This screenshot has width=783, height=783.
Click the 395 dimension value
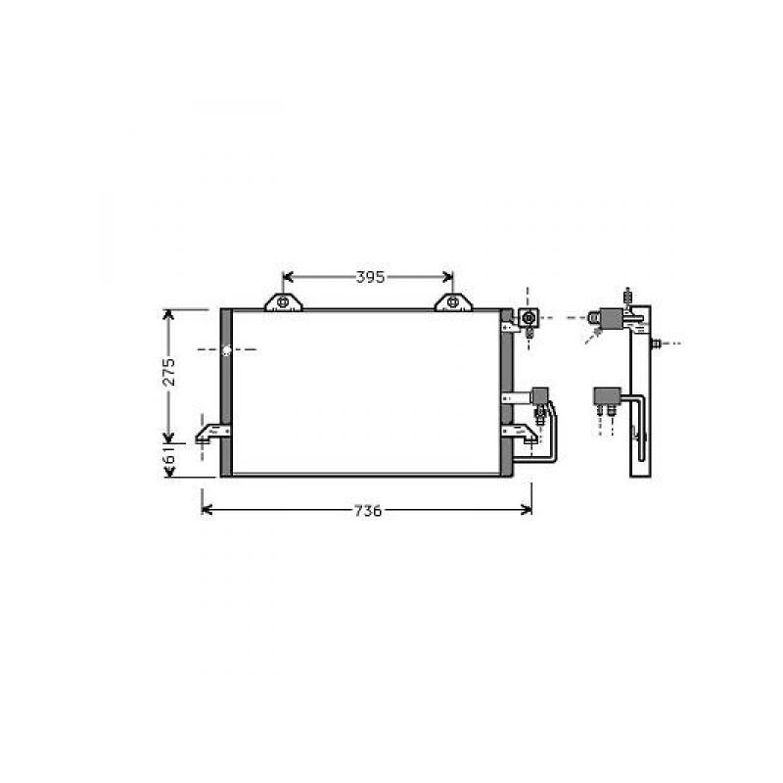[370, 277]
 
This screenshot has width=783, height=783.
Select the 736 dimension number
[368, 511]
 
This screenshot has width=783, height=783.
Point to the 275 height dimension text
[169, 371]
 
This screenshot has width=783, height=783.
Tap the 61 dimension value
[169, 455]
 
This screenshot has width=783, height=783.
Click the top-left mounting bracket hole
[283, 302]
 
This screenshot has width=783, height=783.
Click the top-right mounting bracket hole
[453, 302]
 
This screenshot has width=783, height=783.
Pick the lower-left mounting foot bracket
[212, 433]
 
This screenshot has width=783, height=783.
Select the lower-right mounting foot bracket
[521, 433]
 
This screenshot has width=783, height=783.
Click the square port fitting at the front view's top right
[529, 317]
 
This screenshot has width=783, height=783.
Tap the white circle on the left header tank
[226, 350]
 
